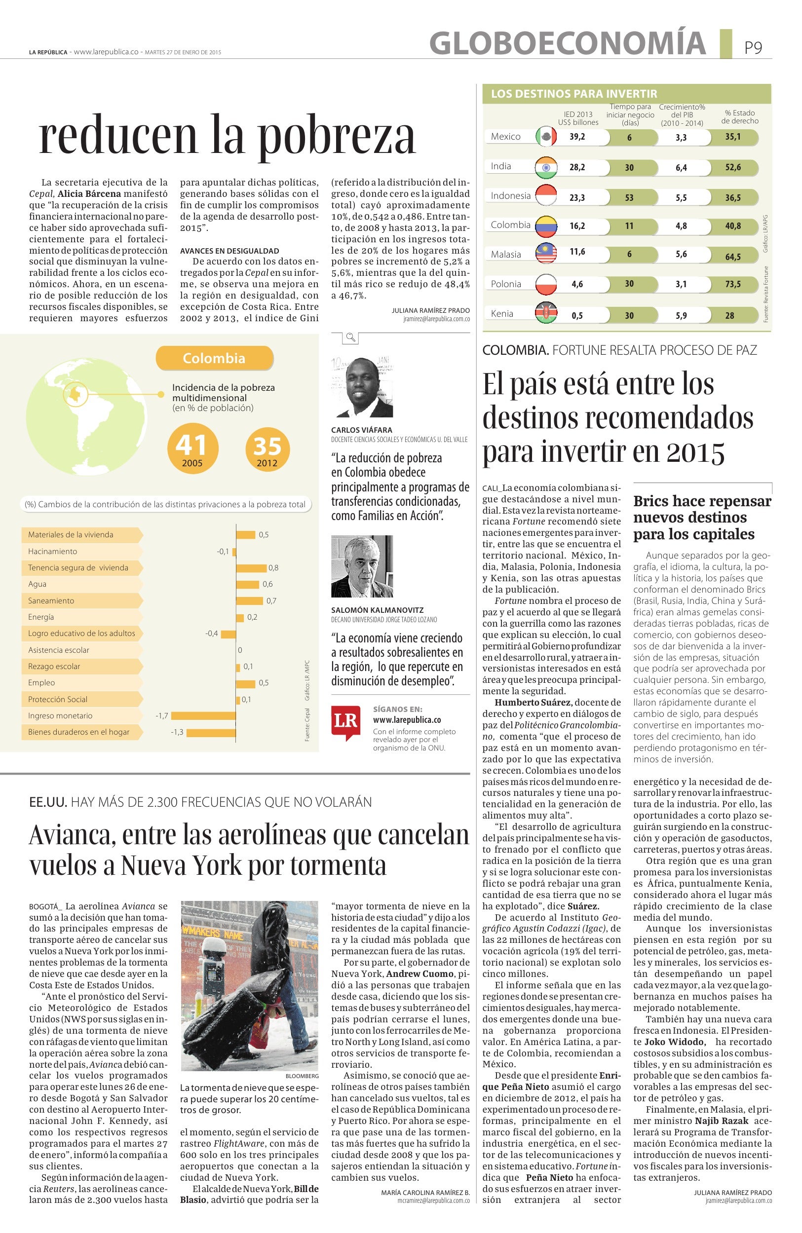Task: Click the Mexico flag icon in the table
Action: pyautogui.click(x=545, y=136)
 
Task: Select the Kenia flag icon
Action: pyautogui.click(x=545, y=313)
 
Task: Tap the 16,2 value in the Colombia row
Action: pyautogui.click(x=577, y=226)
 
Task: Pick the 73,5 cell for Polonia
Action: pyautogui.click(x=732, y=284)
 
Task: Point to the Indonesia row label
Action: pyautogui.click(x=510, y=195)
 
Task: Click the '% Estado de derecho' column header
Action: pyautogui.click(x=739, y=116)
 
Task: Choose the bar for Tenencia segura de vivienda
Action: pyautogui.click(x=251, y=568)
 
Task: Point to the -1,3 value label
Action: pyautogui.click(x=177, y=732)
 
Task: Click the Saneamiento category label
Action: pyautogui.click(x=51, y=600)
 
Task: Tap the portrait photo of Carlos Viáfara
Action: pyautogui.click(x=362, y=387)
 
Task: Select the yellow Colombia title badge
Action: pyautogui.click(x=215, y=358)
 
